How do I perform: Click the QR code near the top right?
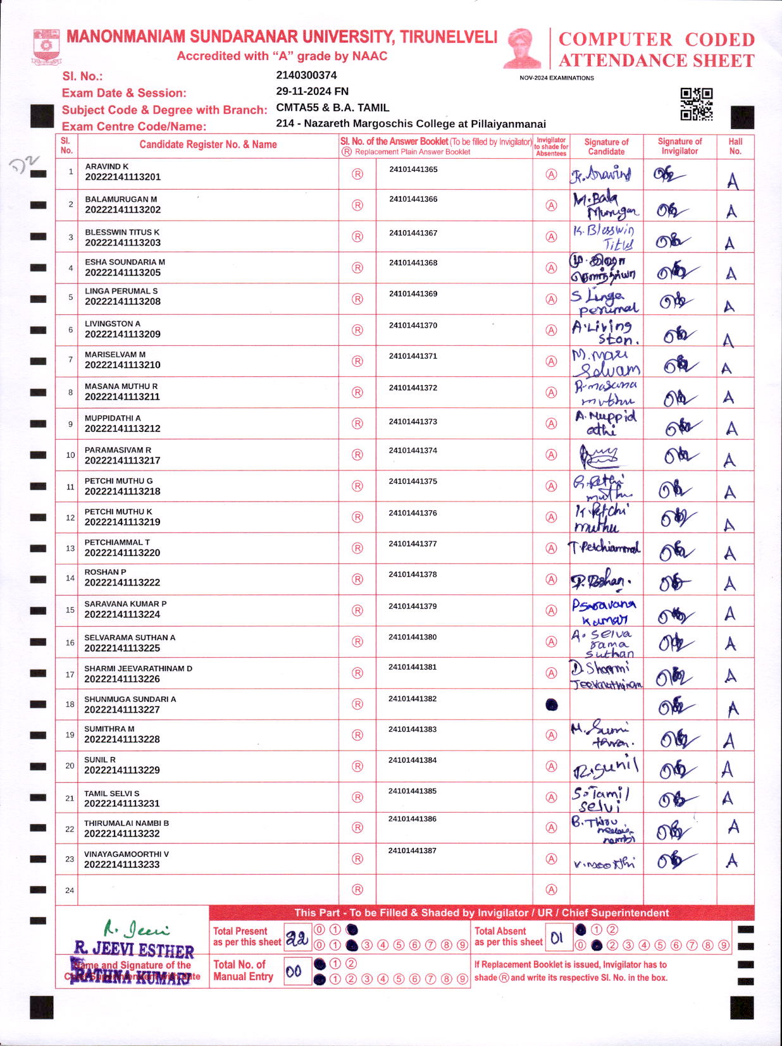[x=696, y=104]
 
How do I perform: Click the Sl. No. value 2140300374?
[x=306, y=75]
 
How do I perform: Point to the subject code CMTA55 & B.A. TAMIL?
[x=332, y=108]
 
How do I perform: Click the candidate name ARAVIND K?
[x=107, y=166]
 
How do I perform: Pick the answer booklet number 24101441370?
[x=413, y=325]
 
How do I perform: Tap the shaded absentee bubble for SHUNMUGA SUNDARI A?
[x=552, y=705]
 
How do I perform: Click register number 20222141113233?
[x=122, y=864]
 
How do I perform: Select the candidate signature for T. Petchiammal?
[x=605, y=548]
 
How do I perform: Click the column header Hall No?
[x=735, y=146]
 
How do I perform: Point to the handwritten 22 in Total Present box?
[x=297, y=939]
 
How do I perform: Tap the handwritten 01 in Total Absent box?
[x=557, y=938]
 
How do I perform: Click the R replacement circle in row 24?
[x=357, y=890]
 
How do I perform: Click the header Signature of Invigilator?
[x=680, y=146]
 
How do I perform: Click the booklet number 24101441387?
[x=413, y=851]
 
